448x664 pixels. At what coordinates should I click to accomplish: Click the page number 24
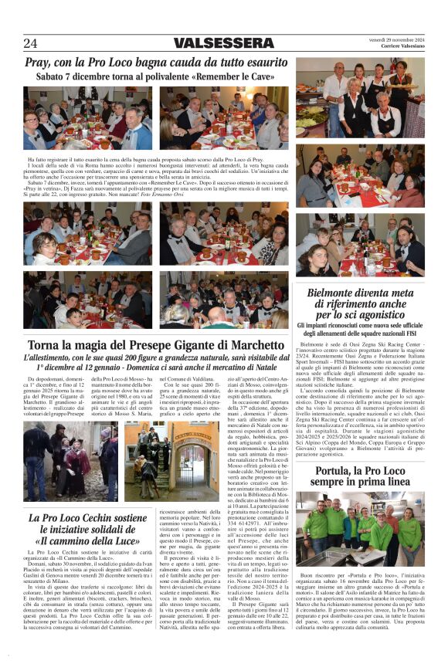[x=30, y=42]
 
